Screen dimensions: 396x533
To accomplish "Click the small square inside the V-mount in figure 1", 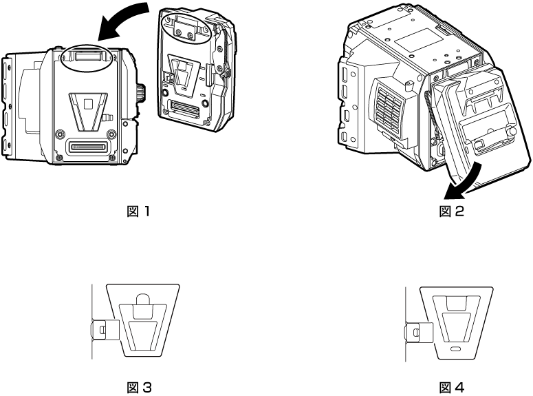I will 87,105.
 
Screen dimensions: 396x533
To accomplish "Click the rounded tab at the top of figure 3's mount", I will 142,299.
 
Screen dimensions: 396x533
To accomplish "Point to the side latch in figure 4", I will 415,333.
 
